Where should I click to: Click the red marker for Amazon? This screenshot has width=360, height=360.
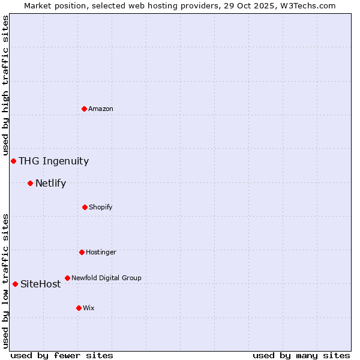[x=85, y=109]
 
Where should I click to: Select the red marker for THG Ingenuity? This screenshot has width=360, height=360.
[x=13, y=161]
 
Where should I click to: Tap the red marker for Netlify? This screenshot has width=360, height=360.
[x=30, y=183]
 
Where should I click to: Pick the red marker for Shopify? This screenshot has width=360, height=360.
[x=85, y=207]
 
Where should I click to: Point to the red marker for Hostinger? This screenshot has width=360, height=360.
[x=82, y=252]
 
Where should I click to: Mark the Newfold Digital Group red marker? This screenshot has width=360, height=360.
[x=67, y=278]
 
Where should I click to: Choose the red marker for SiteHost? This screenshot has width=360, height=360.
[x=15, y=284]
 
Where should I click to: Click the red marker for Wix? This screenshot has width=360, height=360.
[x=79, y=308]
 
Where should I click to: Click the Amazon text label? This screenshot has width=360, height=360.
[x=101, y=109]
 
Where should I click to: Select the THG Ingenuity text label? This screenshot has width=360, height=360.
[x=53, y=161]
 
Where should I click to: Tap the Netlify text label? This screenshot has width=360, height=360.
[x=50, y=183]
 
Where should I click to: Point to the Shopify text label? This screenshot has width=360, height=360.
[x=101, y=207]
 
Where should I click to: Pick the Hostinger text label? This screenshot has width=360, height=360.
[x=101, y=252]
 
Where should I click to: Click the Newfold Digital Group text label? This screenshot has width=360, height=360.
[x=106, y=278]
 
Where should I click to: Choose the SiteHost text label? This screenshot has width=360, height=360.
[x=40, y=284]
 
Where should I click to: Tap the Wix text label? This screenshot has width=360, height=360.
[x=89, y=308]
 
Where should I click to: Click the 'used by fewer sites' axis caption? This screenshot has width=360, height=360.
[x=62, y=355]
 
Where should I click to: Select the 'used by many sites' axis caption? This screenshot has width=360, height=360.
[x=301, y=355]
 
